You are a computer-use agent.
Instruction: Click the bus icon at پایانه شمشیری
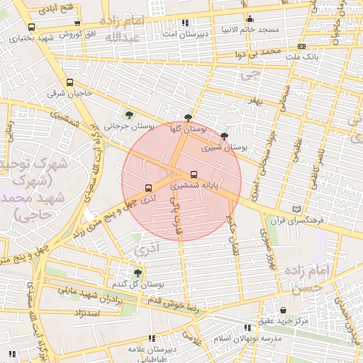point(194,174)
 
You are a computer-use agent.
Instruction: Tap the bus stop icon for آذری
point(148,188)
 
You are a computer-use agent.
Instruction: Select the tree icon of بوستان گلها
point(187,118)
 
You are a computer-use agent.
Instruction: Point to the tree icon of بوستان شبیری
point(225,136)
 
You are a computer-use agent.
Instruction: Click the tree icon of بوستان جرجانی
point(128,114)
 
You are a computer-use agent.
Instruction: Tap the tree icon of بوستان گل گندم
point(138,272)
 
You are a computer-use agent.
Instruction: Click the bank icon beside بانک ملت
point(302,46)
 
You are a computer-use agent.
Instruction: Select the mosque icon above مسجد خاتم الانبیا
point(249,19)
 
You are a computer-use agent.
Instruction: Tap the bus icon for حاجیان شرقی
point(69,82)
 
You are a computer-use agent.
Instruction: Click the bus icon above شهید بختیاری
point(31,28)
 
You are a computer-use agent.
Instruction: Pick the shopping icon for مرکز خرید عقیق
point(284,310)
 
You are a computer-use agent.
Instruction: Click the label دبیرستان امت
point(186,33)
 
